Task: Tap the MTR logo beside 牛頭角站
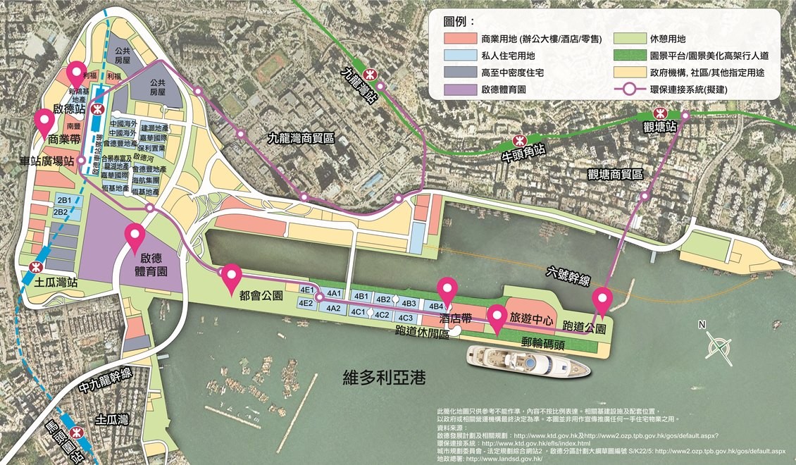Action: click(520, 139)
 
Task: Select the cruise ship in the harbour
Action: click(528, 361)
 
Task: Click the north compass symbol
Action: click(721, 347)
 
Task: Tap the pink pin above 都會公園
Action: click(232, 280)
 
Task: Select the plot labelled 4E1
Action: click(306, 291)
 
